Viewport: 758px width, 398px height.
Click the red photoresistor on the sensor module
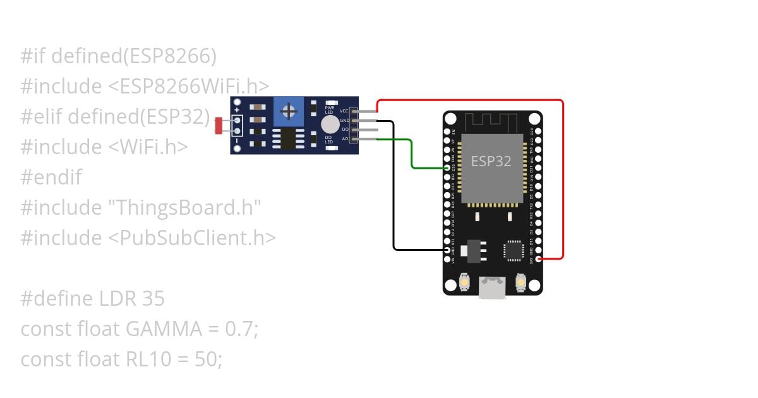[x=219, y=126]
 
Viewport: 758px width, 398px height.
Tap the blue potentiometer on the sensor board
[x=289, y=112]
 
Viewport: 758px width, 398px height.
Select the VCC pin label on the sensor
[x=344, y=111]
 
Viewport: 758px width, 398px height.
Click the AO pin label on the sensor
[x=345, y=138]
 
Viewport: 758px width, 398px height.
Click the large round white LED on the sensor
[x=330, y=124]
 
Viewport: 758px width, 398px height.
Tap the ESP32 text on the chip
[x=491, y=161]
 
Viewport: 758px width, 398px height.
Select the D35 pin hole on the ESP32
[x=447, y=168]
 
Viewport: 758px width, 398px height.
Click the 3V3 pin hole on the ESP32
[x=538, y=258]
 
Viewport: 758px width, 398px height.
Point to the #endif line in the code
[x=51, y=178]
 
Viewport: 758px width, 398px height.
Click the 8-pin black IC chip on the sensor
[x=288, y=138]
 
